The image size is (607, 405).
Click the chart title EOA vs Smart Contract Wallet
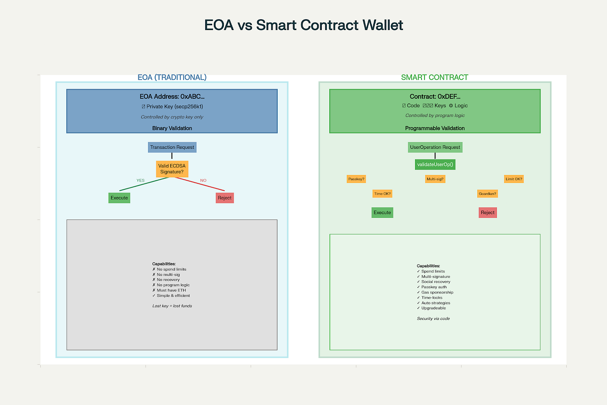(303, 25)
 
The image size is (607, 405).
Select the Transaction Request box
(172, 147)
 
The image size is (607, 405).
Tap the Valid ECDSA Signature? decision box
(172, 169)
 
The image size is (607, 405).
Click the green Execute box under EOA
(119, 198)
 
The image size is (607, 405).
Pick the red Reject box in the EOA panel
(225, 198)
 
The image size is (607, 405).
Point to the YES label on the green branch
(140, 181)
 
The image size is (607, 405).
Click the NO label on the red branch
(203, 181)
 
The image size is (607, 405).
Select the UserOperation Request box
(435, 147)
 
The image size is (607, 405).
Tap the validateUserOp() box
(435, 164)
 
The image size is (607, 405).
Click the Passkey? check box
(356, 179)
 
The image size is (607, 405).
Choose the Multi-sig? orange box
(435, 179)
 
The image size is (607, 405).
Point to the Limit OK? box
(514, 179)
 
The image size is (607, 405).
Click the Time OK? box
(382, 194)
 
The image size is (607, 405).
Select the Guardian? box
(487, 194)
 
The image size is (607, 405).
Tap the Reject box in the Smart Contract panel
(487, 213)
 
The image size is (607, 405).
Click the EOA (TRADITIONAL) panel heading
(172, 78)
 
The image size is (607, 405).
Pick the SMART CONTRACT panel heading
(434, 78)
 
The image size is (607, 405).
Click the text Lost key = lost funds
(172, 306)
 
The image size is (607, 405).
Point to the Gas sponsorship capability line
(437, 292)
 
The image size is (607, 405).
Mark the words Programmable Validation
(435, 128)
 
